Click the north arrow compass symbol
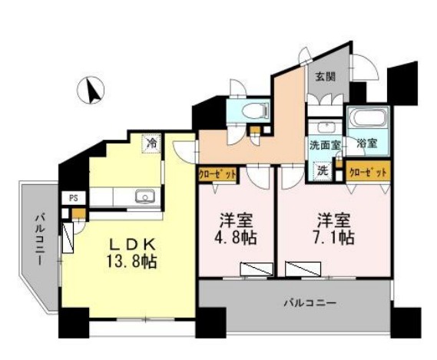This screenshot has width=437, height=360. [x=91, y=90]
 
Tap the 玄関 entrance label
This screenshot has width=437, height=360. [x=325, y=77]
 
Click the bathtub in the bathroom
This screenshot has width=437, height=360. [x=369, y=117]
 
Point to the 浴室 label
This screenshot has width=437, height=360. [x=367, y=144]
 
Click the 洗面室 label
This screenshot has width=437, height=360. [x=325, y=145]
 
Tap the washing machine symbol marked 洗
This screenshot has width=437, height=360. [x=323, y=170]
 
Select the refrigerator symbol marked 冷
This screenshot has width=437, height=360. [x=152, y=144]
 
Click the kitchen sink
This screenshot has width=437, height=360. [x=145, y=197]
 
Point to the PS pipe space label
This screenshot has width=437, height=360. [x=74, y=198]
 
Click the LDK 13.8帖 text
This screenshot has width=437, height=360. [x=131, y=253]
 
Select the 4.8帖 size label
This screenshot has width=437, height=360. [x=235, y=238]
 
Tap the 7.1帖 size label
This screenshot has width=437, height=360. [x=333, y=238]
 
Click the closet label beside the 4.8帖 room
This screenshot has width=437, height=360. [x=217, y=175]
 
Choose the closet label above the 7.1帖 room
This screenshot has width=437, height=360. [x=368, y=173]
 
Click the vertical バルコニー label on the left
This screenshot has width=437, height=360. [x=40, y=239]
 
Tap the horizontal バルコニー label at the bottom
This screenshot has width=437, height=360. [x=310, y=302]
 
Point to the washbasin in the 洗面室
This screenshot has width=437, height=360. [x=323, y=127]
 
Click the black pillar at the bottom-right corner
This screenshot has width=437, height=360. [x=406, y=322]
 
